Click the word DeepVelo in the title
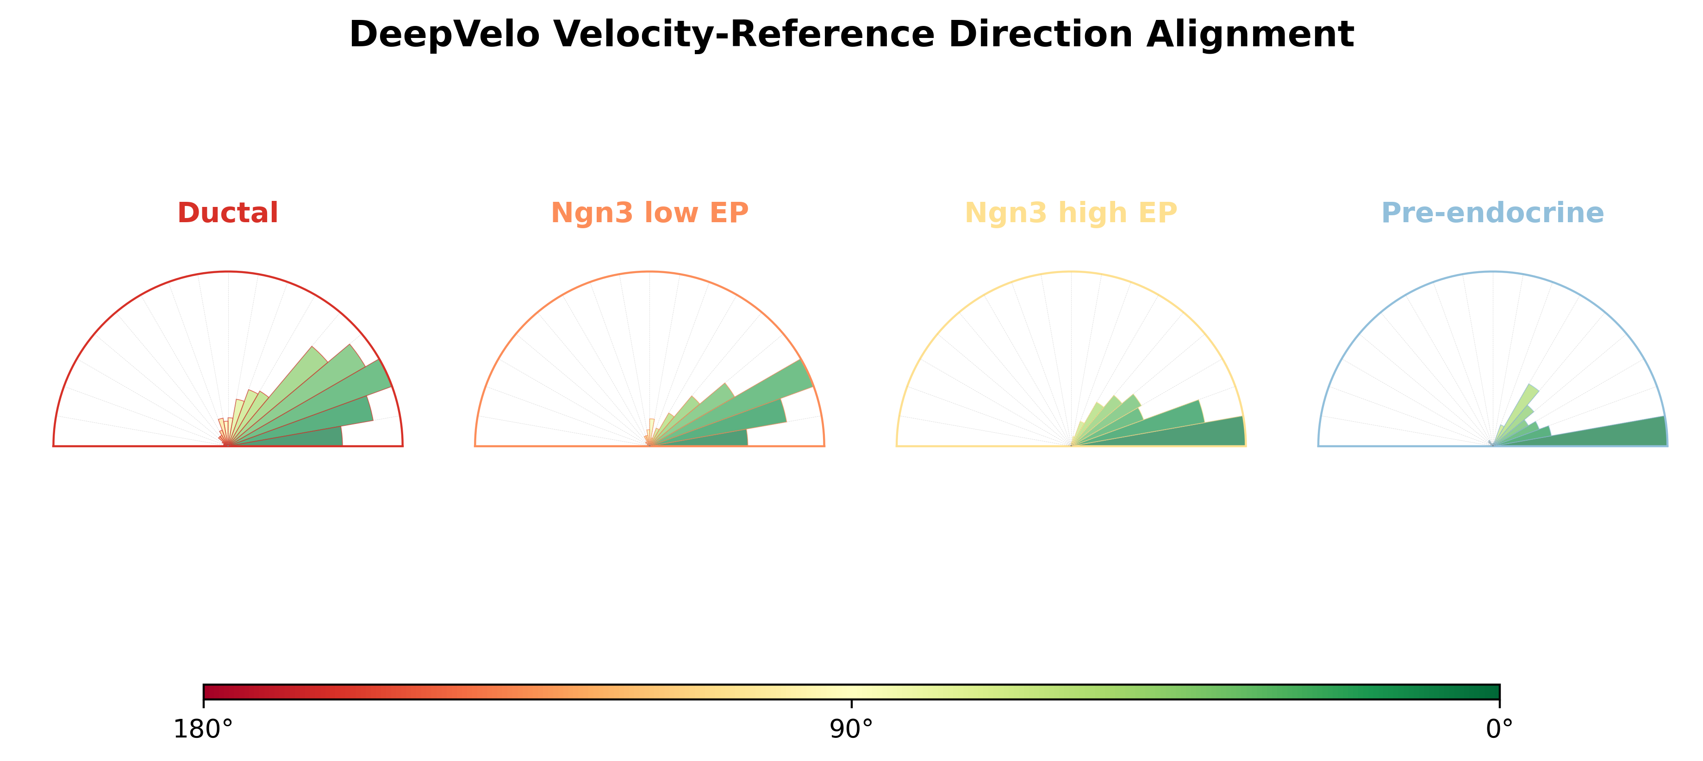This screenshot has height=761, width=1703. (444, 34)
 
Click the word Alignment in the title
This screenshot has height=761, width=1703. (1250, 34)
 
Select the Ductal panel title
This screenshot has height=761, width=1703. (228, 213)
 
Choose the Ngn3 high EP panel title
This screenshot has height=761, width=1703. (1071, 213)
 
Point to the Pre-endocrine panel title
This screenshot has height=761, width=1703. (1493, 213)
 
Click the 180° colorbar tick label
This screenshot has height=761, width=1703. (203, 729)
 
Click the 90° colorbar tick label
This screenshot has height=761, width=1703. (852, 729)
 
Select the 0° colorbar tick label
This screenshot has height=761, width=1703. (1499, 729)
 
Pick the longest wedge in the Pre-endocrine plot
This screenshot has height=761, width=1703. (1600, 433)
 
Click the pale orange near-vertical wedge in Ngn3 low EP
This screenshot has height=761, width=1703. (651, 431)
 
